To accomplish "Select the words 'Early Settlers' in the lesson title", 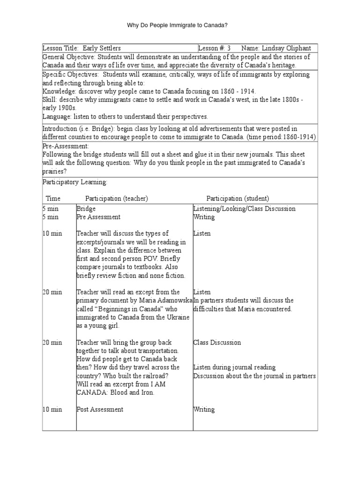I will (102, 48).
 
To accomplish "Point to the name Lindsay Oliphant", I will (287, 48).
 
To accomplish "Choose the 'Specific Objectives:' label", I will (70, 75).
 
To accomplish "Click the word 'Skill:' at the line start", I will (50, 99).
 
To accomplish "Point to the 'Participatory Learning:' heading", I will (75, 181).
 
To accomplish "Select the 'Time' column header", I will (53, 199).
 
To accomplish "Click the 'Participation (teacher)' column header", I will (116, 199).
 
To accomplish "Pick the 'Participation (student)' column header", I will (238, 199).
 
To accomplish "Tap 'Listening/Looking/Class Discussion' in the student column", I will (244, 209).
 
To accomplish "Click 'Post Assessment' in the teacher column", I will (100, 409).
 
